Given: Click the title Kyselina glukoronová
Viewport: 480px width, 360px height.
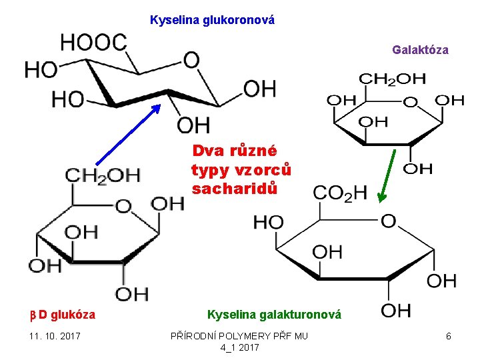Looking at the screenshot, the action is (x=212, y=20).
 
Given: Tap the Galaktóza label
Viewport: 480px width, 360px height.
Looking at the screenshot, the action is (x=420, y=50).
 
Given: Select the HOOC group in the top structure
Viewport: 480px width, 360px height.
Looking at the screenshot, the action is (x=93, y=42).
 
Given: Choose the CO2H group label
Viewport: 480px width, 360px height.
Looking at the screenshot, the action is (x=340, y=193).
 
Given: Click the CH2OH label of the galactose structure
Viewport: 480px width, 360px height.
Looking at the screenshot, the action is (x=393, y=79).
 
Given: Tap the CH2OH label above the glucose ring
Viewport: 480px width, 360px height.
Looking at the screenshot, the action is (x=103, y=175).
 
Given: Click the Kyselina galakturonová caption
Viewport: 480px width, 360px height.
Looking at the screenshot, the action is (x=274, y=314).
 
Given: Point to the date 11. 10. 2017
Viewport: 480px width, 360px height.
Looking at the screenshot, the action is (x=54, y=336).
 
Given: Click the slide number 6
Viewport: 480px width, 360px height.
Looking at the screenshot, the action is (x=449, y=336).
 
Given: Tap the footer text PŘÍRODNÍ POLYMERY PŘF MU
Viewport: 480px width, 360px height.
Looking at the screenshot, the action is (x=239, y=336).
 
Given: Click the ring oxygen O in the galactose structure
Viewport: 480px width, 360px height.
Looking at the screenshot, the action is (x=411, y=102).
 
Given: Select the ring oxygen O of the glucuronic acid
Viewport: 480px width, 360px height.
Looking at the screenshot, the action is (x=191, y=61).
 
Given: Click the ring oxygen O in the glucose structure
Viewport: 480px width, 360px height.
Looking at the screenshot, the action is (x=123, y=207).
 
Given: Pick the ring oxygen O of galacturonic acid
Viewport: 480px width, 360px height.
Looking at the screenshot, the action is (x=387, y=221).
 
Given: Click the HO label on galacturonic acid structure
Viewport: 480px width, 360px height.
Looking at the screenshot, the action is (x=268, y=223).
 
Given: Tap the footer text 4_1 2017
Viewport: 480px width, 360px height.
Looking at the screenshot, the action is (x=239, y=347).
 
